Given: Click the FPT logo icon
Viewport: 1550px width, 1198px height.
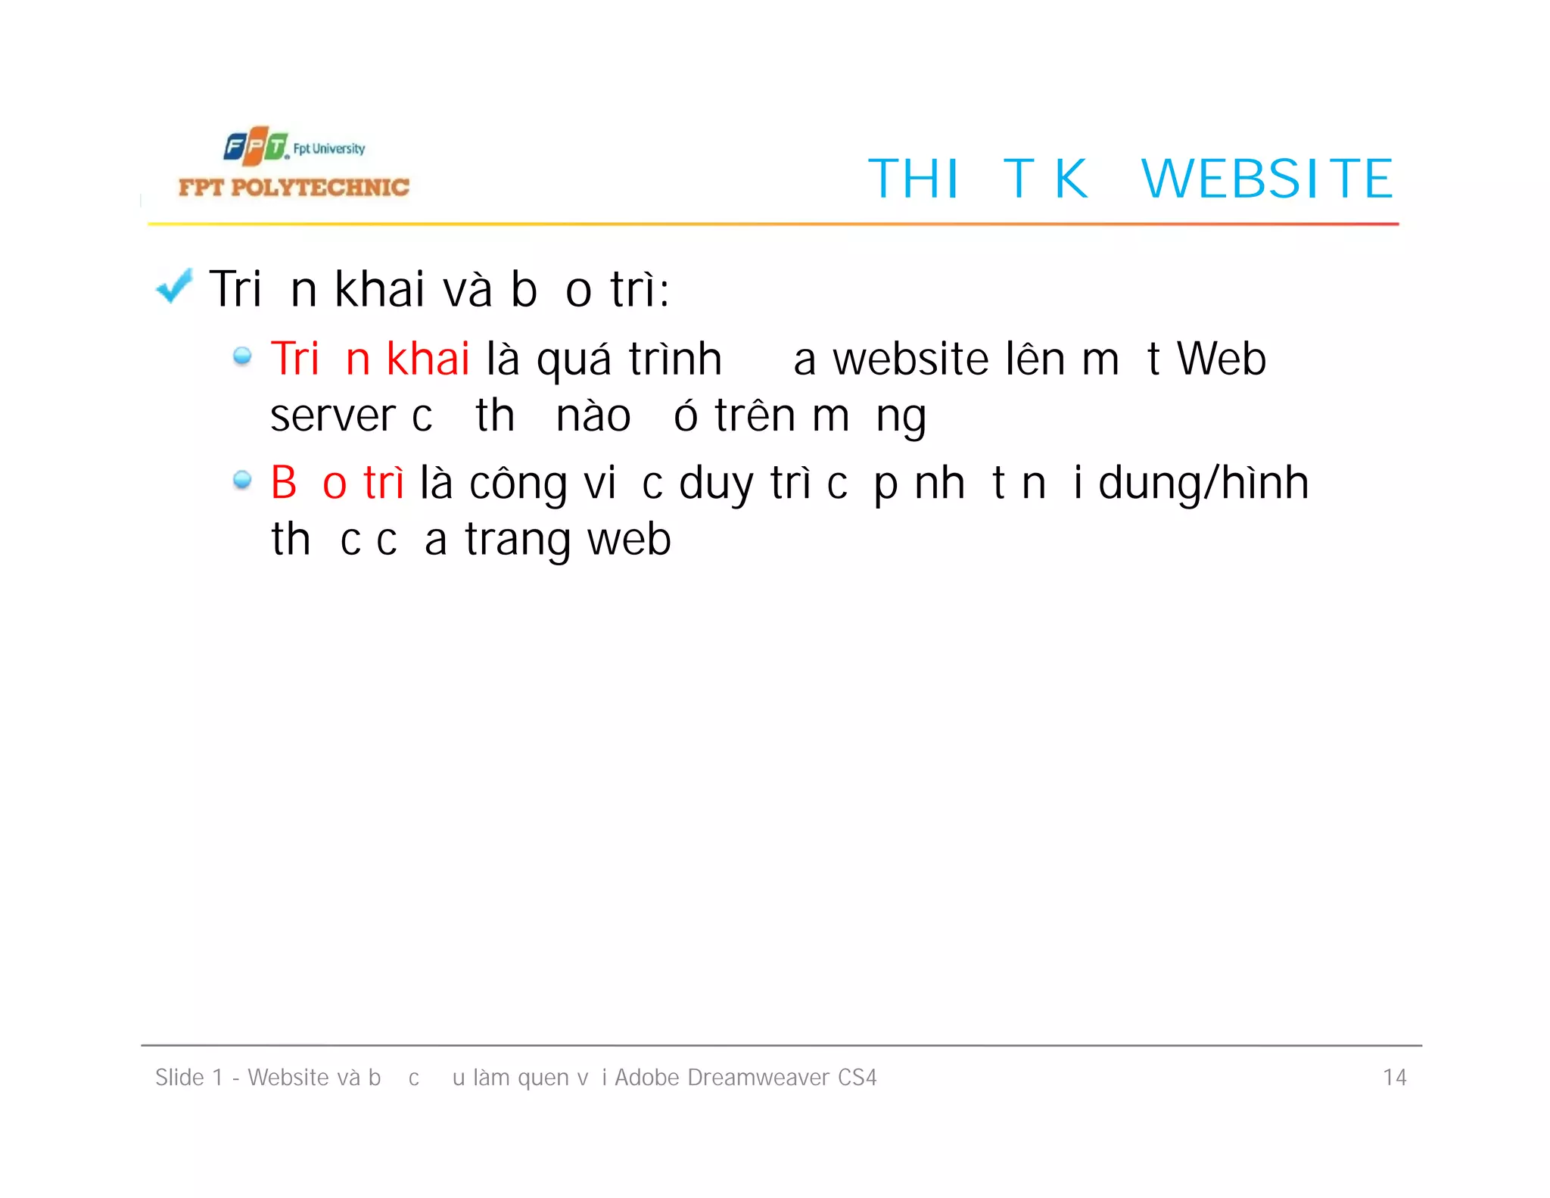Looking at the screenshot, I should (x=256, y=145).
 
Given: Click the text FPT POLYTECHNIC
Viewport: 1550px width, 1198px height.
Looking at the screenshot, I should (x=294, y=187).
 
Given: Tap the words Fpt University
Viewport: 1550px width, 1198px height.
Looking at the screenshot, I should (x=328, y=148).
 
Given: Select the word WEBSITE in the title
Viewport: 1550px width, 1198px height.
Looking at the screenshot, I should (x=1267, y=179).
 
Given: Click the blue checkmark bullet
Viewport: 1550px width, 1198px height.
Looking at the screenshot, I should (x=174, y=287).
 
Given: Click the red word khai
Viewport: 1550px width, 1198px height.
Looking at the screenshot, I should (x=428, y=358).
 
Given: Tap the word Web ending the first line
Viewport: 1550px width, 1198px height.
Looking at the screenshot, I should (x=1221, y=358).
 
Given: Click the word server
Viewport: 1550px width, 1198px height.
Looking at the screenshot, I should (x=333, y=415).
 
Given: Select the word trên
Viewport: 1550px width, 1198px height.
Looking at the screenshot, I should (x=755, y=415).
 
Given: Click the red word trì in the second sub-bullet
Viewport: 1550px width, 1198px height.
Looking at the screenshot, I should (x=384, y=483).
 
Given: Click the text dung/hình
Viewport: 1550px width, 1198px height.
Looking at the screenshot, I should (x=1203, y=483).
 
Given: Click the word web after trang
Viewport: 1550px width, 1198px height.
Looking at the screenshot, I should (x=629, y=540).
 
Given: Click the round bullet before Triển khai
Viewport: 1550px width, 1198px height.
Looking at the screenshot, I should (x=242, y=356).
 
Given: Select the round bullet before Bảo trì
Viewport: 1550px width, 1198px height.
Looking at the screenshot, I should (x=242, y=480).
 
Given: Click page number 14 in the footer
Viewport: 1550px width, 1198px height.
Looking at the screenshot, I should (x=1394, y=1077).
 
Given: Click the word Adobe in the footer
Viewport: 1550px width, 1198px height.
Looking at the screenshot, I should (x=646, y=1077).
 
